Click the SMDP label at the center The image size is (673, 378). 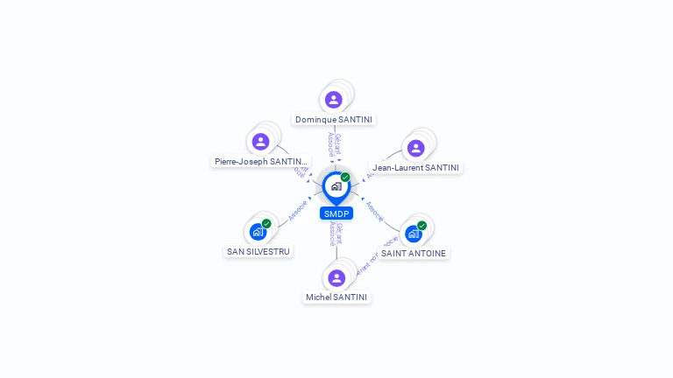pos(336,213)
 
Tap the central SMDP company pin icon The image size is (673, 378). pos(336,186)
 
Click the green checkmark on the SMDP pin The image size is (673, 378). pos(345,178)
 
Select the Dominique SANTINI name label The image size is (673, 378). pos(334,120)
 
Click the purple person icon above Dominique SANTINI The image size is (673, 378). pos(333,100)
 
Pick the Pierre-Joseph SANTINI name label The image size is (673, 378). pos(261,162)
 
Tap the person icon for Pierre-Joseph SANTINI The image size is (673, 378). pos(260,141)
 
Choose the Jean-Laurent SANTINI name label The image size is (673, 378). pos(416,168)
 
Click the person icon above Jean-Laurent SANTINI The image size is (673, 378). pos(415,148)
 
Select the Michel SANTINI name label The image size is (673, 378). pos(337,297)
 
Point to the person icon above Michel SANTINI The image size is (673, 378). pos(336,277)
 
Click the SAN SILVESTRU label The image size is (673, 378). pos(259,252)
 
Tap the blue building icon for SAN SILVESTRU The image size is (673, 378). pos(257,232)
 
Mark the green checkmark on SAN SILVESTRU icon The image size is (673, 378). pos(266,224)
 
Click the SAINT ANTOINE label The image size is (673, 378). pos(414,254)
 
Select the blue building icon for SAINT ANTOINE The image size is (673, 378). pos(413,234)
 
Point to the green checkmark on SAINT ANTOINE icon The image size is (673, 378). pos(422,226)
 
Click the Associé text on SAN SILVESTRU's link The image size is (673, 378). pos(297,211)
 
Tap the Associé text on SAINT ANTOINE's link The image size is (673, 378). pos(374,211)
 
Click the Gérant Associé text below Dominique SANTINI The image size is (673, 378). pos(334,143)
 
